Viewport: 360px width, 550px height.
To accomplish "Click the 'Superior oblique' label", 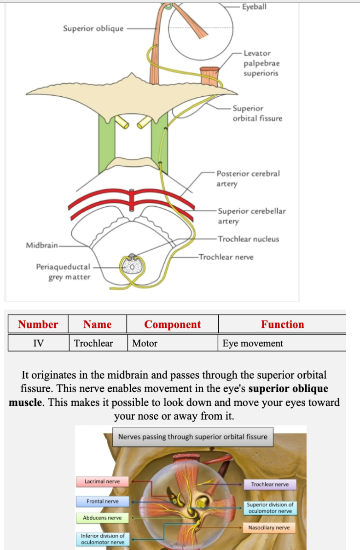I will coord(93,29).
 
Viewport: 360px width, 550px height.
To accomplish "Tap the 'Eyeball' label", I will coord(254,7).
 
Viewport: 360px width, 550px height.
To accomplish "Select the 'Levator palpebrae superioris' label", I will coord(261,63).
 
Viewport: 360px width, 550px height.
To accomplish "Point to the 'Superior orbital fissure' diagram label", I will coord(257,113).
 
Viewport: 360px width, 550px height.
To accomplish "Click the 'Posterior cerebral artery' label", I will coord(248,178).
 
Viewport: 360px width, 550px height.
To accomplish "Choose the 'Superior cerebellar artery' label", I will coord(251,216).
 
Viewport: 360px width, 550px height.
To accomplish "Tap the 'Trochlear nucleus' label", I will coord(248,239).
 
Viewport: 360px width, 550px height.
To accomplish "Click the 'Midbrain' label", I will coord(42,245).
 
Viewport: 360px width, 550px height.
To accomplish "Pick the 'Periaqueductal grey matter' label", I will coord(64,272).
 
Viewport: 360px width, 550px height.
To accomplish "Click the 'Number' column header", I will coord(38,324).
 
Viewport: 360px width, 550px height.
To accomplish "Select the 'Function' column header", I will coord(282,324).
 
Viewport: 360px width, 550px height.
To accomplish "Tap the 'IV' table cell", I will coord(38,343).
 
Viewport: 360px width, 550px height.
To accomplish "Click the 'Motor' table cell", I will coord(145,343).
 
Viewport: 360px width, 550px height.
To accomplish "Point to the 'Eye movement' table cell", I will coord(253,343).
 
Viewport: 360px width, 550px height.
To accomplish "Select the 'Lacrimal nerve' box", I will coord(102,481).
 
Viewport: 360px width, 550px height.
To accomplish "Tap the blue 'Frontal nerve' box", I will coord(102,501).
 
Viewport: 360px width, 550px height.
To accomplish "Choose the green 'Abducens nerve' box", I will coord(102,518).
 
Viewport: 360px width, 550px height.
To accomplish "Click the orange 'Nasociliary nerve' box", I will coord(269,527).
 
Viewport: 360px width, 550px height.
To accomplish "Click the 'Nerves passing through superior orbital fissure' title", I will coord(192,437).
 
